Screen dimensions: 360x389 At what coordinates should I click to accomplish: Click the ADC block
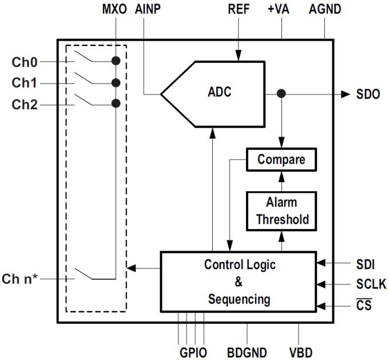click(x=219, y=93)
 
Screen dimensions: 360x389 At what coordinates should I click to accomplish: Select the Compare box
click(x=281, y=160)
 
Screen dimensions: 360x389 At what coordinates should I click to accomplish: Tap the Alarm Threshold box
click(x=281, y=211)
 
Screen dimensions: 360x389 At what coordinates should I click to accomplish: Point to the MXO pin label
click(x=115, y=10)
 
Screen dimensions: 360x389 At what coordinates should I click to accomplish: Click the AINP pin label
click(x=148, y=10)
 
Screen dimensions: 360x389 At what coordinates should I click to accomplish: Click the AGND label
click(x=325, y=10)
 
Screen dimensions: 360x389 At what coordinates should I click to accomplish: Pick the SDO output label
click(x=367, y=94)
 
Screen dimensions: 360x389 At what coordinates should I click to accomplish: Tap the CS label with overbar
click(x=363, y=305)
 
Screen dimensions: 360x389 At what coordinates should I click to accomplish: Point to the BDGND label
click(x=247, y=351)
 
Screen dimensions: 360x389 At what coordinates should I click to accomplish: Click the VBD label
click(x=298, y=351)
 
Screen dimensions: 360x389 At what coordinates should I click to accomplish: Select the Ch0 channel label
click(x=24, y=61)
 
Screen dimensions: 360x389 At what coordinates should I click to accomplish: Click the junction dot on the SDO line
click(x=281, y=94)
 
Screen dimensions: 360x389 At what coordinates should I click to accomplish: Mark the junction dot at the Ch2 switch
click(x=116, y=104)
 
